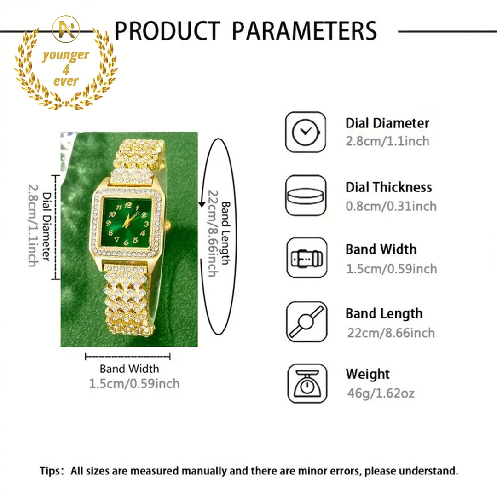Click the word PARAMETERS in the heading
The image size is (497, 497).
coord(304,31)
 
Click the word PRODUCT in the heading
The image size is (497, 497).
coord(167,31)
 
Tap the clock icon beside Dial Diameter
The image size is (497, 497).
coord(306,132)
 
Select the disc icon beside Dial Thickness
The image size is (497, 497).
coord(306,196)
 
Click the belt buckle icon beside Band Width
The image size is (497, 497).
coord(306,258)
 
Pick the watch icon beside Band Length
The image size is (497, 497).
coord(306,321)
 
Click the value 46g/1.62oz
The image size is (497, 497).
coord(381,393)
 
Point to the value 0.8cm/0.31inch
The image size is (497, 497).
coord(391,206)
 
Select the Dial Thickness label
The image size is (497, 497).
coord(389,187)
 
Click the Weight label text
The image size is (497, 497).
coord(368,374)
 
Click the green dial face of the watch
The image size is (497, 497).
coord(127,222)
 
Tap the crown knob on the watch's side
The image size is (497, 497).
coord(168,225)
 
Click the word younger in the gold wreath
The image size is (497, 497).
coord(66,56)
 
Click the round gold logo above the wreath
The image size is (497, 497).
coord(66,29)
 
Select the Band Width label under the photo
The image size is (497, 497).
coord(129,369)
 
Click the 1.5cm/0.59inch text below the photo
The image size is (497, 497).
coord(134,383)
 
